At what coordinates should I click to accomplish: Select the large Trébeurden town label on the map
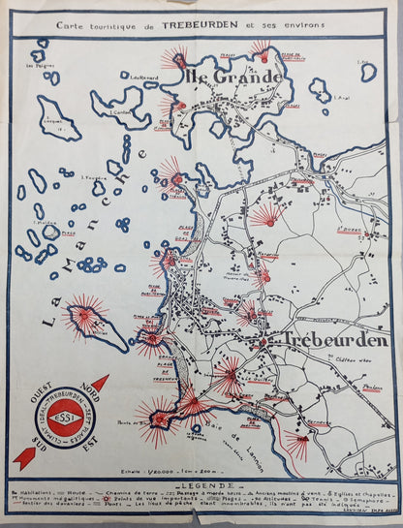(334, 340)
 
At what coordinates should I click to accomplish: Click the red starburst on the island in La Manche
(85, 315)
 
